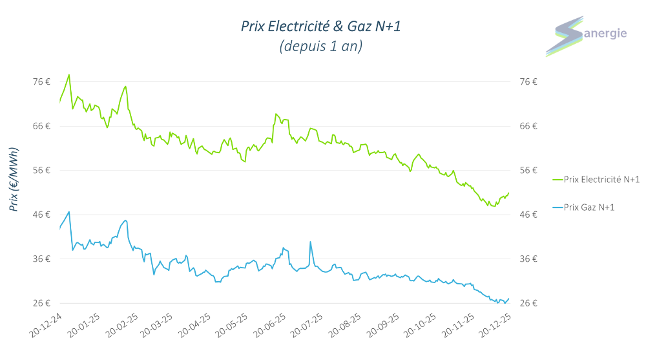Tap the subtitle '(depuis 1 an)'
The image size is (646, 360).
coord(320,47)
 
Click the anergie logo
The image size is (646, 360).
coord(585,36)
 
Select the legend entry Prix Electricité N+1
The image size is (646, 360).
coord(601,179)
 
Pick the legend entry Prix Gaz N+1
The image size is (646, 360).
coord(589,207)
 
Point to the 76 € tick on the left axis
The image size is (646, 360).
coord(42,81)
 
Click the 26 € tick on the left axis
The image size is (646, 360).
coord(42,303)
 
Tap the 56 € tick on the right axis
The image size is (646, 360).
coord(528,170)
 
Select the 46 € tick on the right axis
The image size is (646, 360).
coord(528,215)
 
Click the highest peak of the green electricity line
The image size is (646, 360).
coord(69,75)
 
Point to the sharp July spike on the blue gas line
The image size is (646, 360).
coord(311,242)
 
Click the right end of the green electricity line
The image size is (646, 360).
coord(509,193)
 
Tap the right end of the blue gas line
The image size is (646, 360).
coord(509,298)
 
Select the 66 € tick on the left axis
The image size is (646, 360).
coord(42,126)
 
